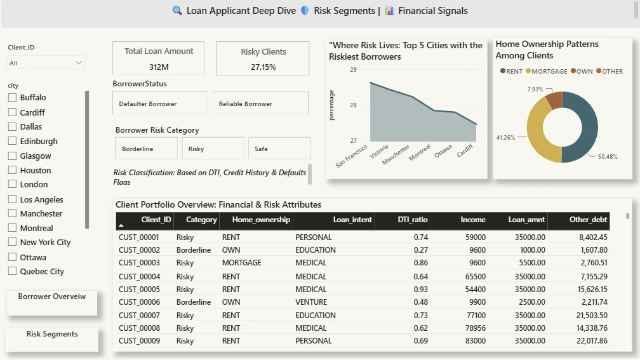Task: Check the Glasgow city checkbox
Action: tap(12, 156)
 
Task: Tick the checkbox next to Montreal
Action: tap(12, 228)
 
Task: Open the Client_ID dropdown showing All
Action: tap(46, 63)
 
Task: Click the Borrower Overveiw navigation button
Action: tap(52, 303)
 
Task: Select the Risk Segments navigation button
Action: tap(52, 340)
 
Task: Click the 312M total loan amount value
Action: tap(159, 67)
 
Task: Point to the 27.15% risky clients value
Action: tap(263, 67)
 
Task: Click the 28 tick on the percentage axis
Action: tap(353, 105)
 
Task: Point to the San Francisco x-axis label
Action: tap(351, 156)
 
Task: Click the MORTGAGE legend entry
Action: tap(546, 71)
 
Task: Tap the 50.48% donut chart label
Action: tap(608, 157)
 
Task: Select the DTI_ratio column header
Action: tap(412, 220)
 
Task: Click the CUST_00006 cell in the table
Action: tap(139, 302)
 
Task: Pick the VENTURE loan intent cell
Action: tap(311, 302)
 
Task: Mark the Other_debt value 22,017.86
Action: tap(592, 341)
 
